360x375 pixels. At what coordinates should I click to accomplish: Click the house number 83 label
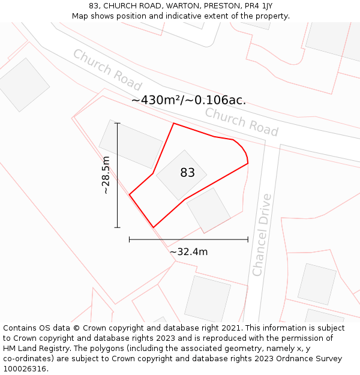(187, 173)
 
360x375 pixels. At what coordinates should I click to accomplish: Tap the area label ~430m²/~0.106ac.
(188, 100)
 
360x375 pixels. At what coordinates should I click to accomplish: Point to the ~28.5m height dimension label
(106, 175)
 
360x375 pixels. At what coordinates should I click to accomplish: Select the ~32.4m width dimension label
(188, 252)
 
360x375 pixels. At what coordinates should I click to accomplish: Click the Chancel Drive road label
(262, 235)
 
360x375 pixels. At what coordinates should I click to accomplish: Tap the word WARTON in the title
(179, 6)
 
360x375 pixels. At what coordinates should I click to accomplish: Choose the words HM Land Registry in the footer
(33, 349)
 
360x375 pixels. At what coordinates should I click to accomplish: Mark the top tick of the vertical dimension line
(117, 124)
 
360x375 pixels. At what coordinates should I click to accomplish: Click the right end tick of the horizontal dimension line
(248, 239)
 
